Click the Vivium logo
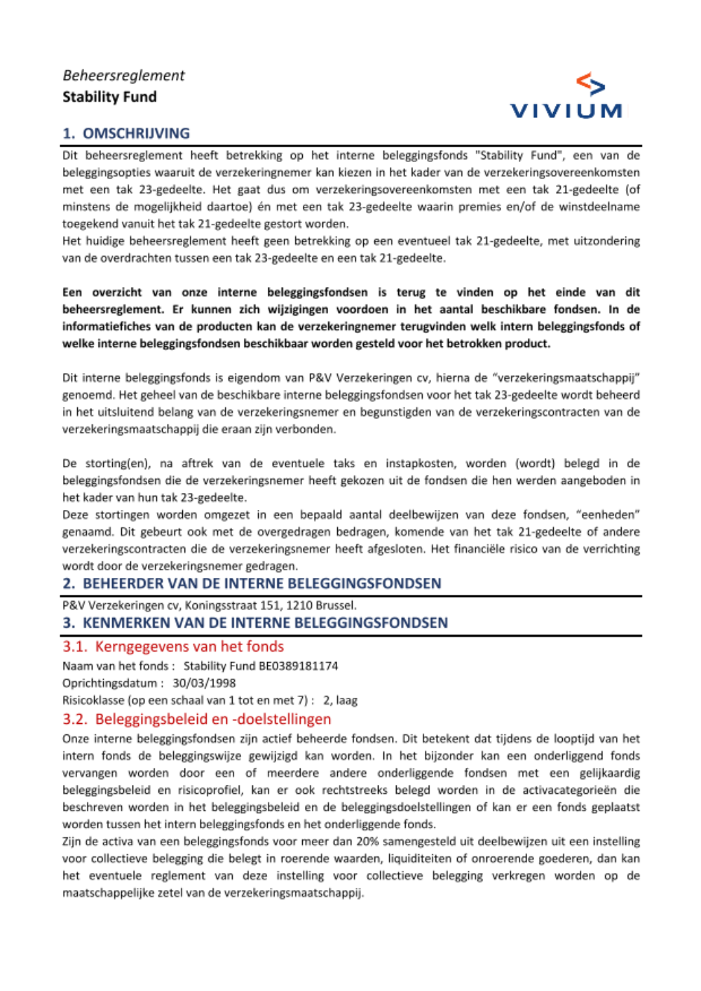click(x=566, y=96)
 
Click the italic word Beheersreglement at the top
click(x=123, y=76)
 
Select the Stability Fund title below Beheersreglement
click(x=109, y=97)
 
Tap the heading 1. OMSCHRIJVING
click(x=126, y=133)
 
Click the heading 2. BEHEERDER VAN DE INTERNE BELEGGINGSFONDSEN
click(x=252, y=584)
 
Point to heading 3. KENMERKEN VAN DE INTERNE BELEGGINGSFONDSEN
click(x=255, y=623)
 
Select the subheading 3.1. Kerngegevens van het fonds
click(x=173, y=647)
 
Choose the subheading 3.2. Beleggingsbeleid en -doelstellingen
click(x=196, y=719)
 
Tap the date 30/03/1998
click(x=204, y=683)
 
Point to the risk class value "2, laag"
click(x=340, y=700)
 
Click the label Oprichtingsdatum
click(x=109, y=683)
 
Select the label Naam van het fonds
click(x=116, y=666)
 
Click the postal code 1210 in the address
click(x=298, y=605)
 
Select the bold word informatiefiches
click(x=105, y=327)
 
